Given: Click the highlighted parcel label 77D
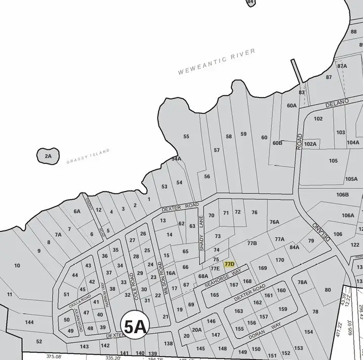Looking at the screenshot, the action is pyautogui.click(x=229, y=264).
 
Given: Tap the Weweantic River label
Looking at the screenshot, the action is pyautogui.click(x=217, y=62).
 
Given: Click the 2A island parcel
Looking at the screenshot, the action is pyautogui.click(x=48, y=156).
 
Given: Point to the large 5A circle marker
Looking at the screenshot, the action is pyautogui.click(x=135, y=327).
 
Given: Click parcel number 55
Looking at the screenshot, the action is pyautogui.click(x=186, y=137).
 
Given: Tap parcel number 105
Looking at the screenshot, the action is pyautogui.click(x=333, y=161).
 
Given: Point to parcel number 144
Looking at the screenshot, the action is pyautogui.click(x=29, y=323).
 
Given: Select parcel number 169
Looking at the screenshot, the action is pyautogui.click(x=262, y=268).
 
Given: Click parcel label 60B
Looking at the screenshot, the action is pyautogui.click(x=277, y=143).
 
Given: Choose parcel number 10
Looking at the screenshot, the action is pyautogui.click(x=17, y=265).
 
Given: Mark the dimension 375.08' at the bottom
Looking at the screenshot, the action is pyautogui.click(x=54, y=356).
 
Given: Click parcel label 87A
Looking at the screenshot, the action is pyautogui.click(x=342, y=66).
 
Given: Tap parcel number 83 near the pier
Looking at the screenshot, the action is pyautogui.click(x=302, y=92).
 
